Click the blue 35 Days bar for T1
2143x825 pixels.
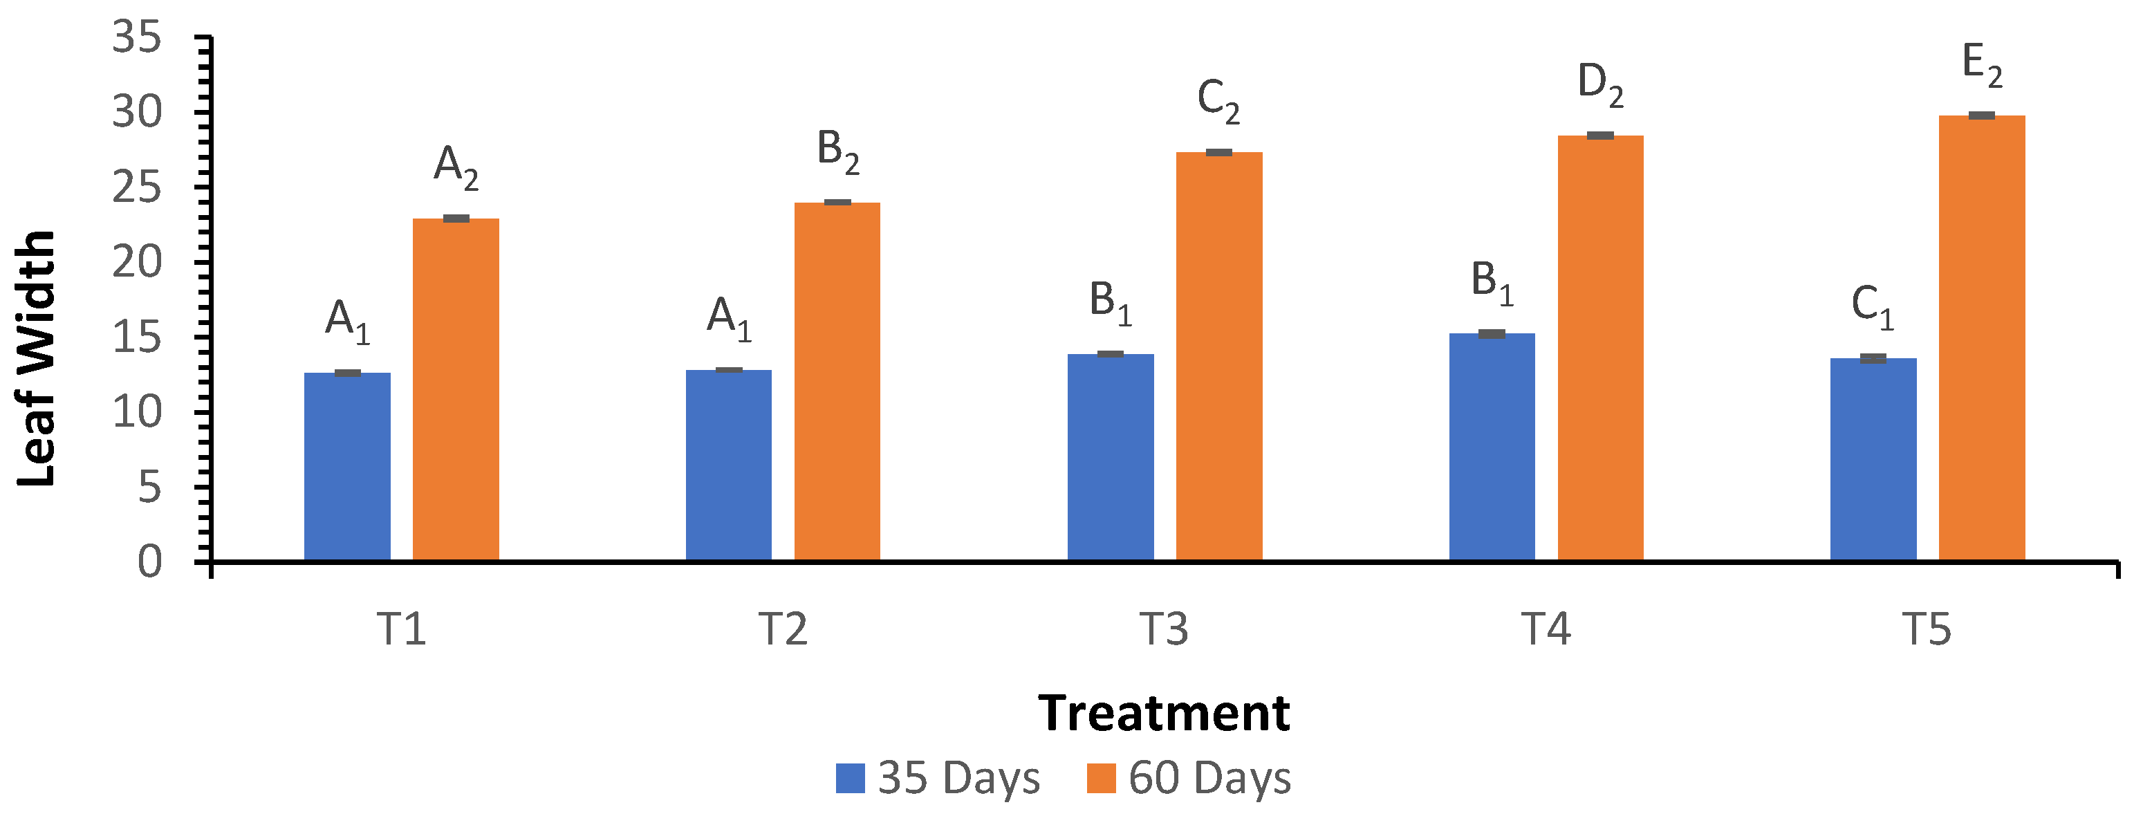pos(347,467)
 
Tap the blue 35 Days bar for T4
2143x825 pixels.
pos(1492,447)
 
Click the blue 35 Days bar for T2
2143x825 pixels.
pos(728,465)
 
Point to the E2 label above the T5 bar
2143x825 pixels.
pos(1982,65)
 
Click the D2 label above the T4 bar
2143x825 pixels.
pos(1599,85)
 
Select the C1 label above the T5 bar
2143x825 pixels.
pos(1872,307)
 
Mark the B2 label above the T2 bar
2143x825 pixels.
pos(837,151)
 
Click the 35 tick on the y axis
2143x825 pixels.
pos(137,38)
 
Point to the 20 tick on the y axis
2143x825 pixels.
pos(137,263)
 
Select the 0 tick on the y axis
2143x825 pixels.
pos(150,562)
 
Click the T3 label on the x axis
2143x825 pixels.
pos(1163,629)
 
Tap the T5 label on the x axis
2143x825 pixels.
pos(1926,629)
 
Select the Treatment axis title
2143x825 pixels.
pos(1163,714)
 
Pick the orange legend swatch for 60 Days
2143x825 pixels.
pos(1101,779)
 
